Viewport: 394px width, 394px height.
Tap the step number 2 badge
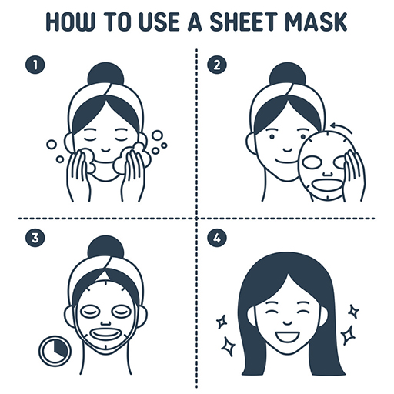point(219,66)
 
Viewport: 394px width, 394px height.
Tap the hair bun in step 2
point(285,75)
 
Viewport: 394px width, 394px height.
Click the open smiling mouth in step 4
point(285,336)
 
